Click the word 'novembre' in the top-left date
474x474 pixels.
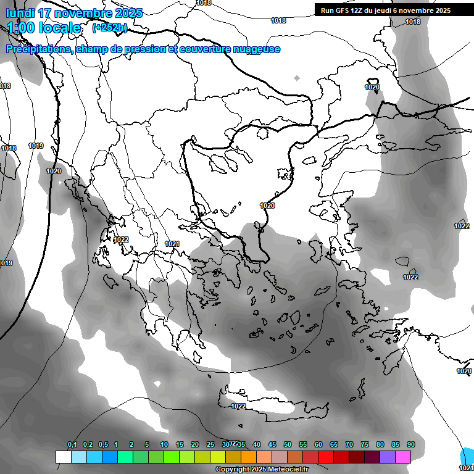tap(81, 12)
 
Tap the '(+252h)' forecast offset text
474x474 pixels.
tap(109, 27)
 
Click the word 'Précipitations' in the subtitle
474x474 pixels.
tap(38, 49)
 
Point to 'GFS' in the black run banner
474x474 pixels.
tap(344, 10)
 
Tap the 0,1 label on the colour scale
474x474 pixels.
tap(72, 444)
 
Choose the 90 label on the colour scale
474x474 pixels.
tap(410, 444)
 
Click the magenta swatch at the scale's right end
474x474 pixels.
tap(403, 457)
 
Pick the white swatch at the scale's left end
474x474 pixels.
tap(64, 457)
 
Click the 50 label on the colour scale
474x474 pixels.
tap(288, 444)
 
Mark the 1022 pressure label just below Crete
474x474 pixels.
tap(238, 406)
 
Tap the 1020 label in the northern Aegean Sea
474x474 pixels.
tap(267, 206)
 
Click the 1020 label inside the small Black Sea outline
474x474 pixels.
tap(372, 87)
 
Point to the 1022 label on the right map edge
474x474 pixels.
tap(462, 226)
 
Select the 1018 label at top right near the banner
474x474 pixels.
tap(413, 22)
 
